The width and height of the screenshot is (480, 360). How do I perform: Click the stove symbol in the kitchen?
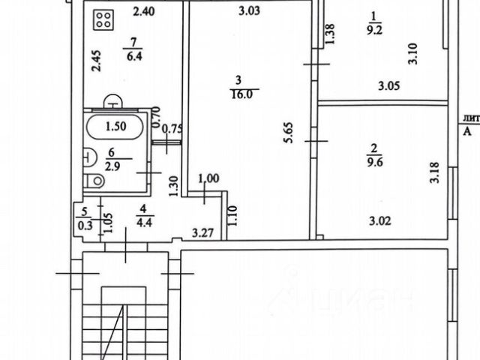tap(103, 19)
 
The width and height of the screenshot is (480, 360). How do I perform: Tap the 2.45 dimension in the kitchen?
tap(95, 61)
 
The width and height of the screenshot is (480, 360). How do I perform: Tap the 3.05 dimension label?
tap(388, 86)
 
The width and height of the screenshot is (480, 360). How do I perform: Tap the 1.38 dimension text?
tap(328, 34)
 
